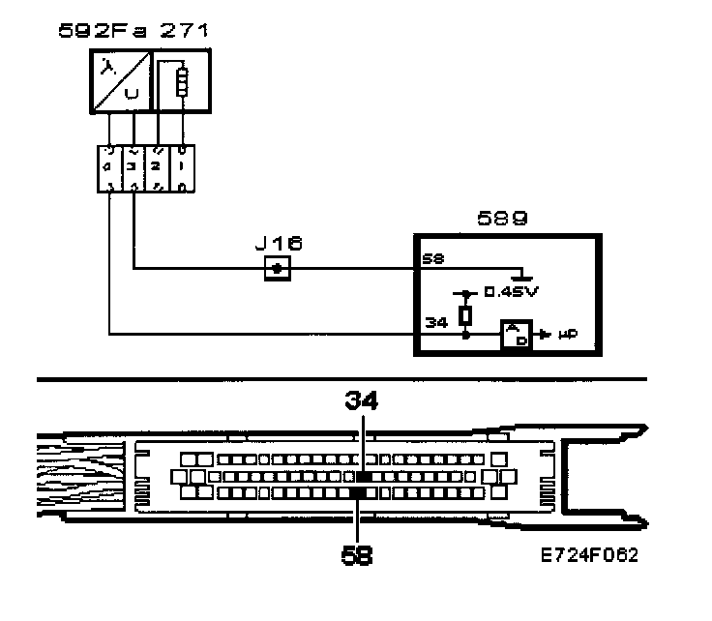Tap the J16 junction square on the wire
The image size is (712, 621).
point(278,268)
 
